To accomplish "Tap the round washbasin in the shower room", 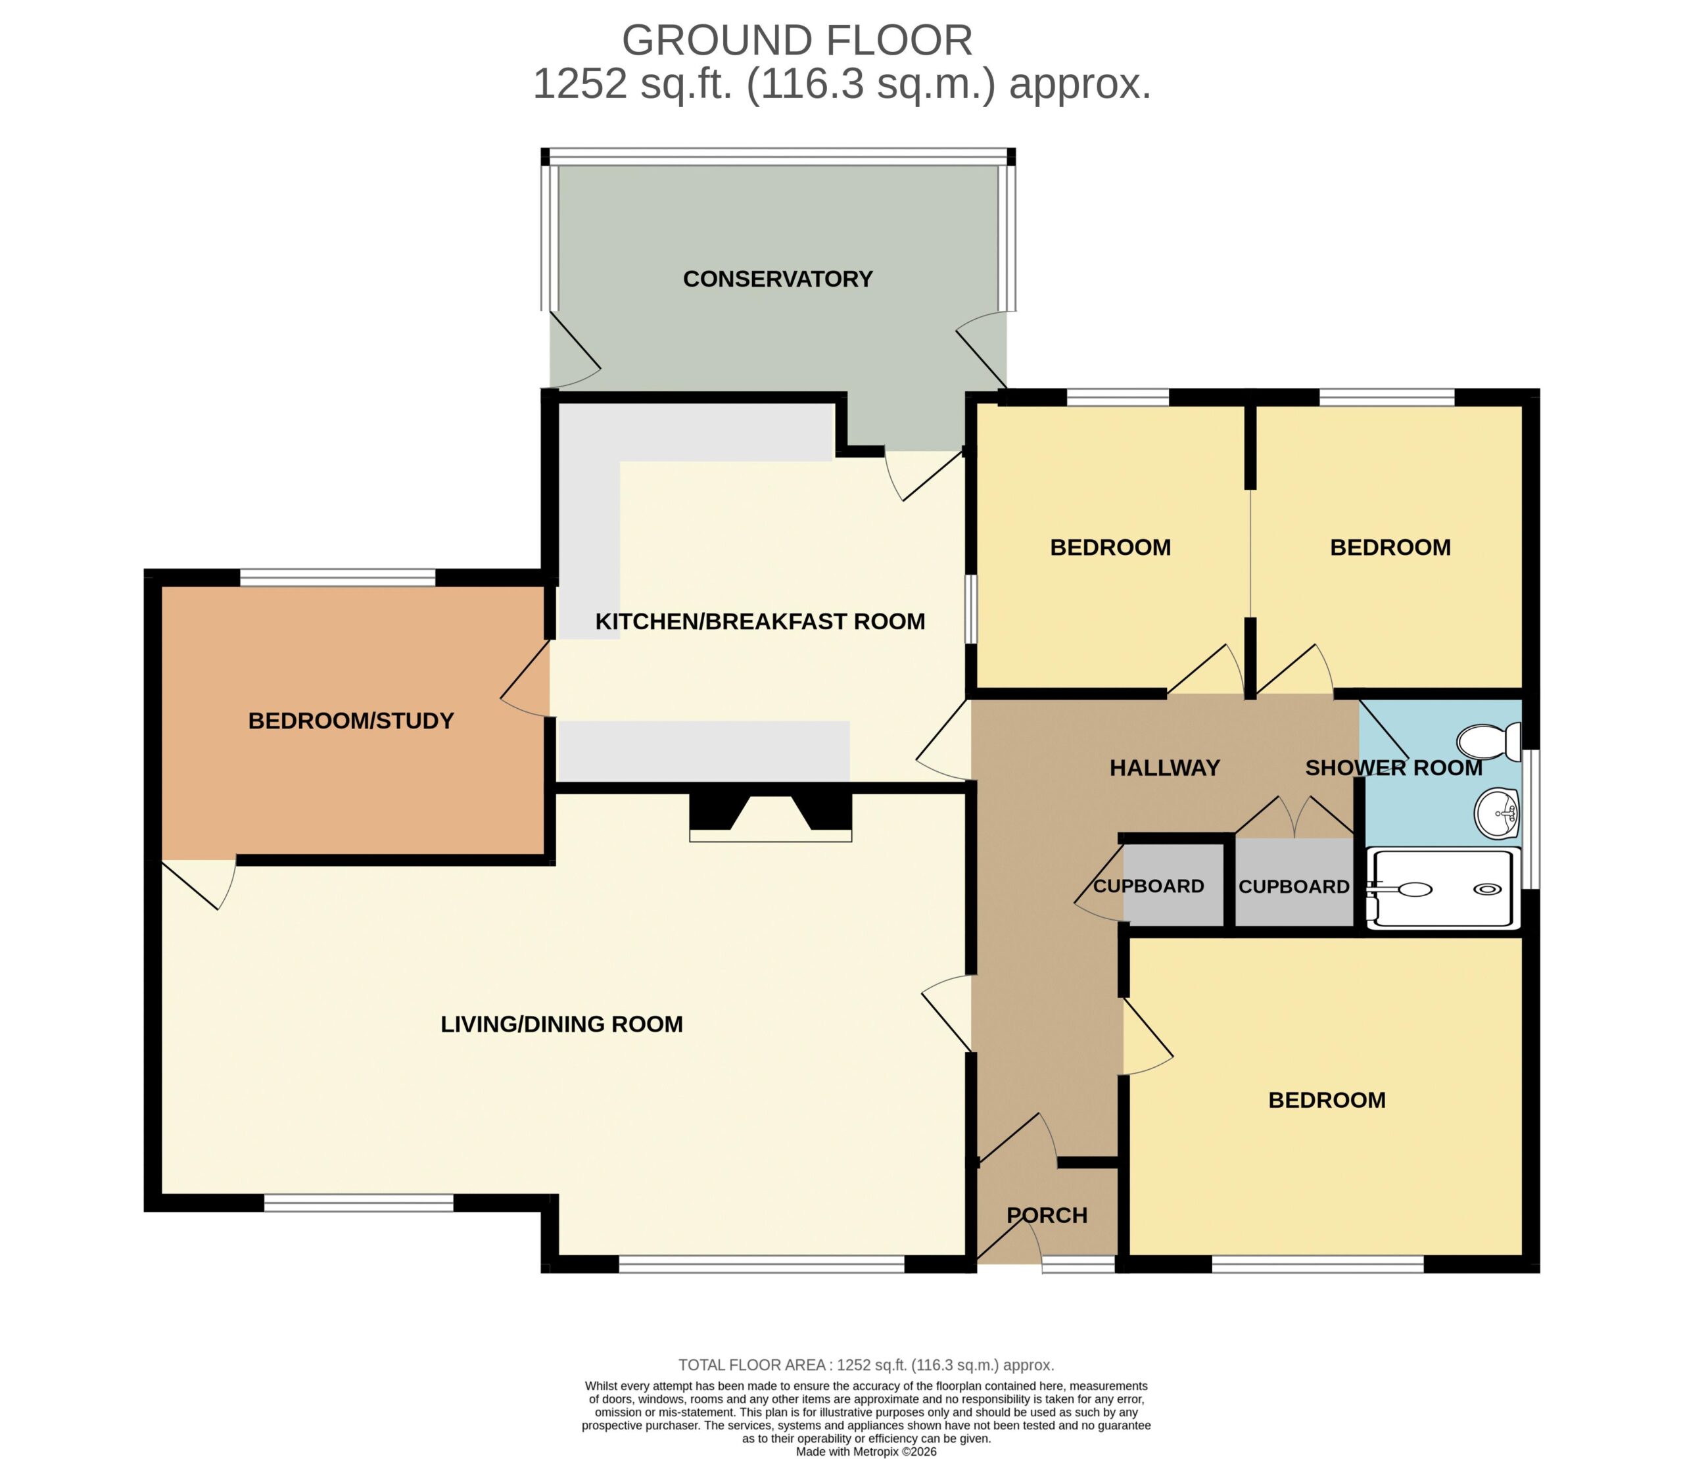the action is pyautogui.click(x=1498, y=813).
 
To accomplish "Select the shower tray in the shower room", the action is pyautogui.click(x=1443, y=888).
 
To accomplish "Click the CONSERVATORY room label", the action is pyautogui.click(x=778, y=279).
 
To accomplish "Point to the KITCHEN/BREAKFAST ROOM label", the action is pyautogui.click(x=760, y=621).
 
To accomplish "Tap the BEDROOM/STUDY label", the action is pyautogui.click(x=351, y=721).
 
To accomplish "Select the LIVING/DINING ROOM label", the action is pyautogui.click(x=562, y=1024).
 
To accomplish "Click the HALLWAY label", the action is pyautogui.click(x=1164, y=768).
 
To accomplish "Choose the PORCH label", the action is pyautogui.click(x=1047, y=1216).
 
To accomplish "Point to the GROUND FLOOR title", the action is pyautogui.click(x=797, y=40).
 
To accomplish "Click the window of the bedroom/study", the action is pyautogui.click(x=338, y=577).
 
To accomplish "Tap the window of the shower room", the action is pyautogui.click(x=1530, y=819).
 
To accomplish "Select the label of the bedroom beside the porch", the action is pyautogui.click(x=1327, y=1100).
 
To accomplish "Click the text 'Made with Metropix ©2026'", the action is pyautogui.click(x=866, y=1451).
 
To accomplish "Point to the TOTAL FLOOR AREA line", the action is pyautogui.click(x=866, y=1364).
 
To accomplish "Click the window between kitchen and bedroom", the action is pyautogui.click(x=972, y=610).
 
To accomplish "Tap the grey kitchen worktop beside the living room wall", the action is pyautogui.click(x=703, y=752).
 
